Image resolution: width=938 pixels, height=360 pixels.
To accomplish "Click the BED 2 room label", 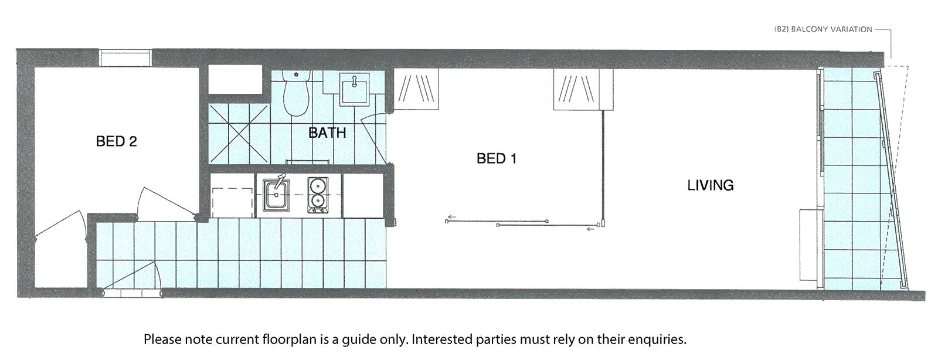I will (x=116, y=141).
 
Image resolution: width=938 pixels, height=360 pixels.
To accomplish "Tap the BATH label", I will (x=327, y=133).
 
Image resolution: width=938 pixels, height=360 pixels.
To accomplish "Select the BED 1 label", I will (x=496, y=158).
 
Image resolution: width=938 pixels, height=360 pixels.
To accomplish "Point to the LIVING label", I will (x=710, y=185).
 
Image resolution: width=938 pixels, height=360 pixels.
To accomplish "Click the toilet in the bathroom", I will (x=296, y=94).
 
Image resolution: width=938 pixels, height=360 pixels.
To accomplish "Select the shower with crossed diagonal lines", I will (x=239, y=133).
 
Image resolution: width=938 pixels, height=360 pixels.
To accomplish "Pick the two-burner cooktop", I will (x=317, y=194).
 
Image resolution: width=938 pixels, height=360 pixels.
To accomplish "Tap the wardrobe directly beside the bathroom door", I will (x=416, y=89).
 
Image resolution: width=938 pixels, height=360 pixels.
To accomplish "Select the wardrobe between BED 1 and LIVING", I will (x=583, y=89).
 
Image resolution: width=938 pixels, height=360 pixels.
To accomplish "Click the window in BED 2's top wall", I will (x=125, y=58).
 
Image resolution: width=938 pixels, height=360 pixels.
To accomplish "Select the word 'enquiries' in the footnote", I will (x=657, y=339).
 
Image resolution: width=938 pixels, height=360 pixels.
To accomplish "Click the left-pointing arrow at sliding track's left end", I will (x=451, y=217).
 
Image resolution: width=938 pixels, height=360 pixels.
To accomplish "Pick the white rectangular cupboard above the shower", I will (x=235, y=79).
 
